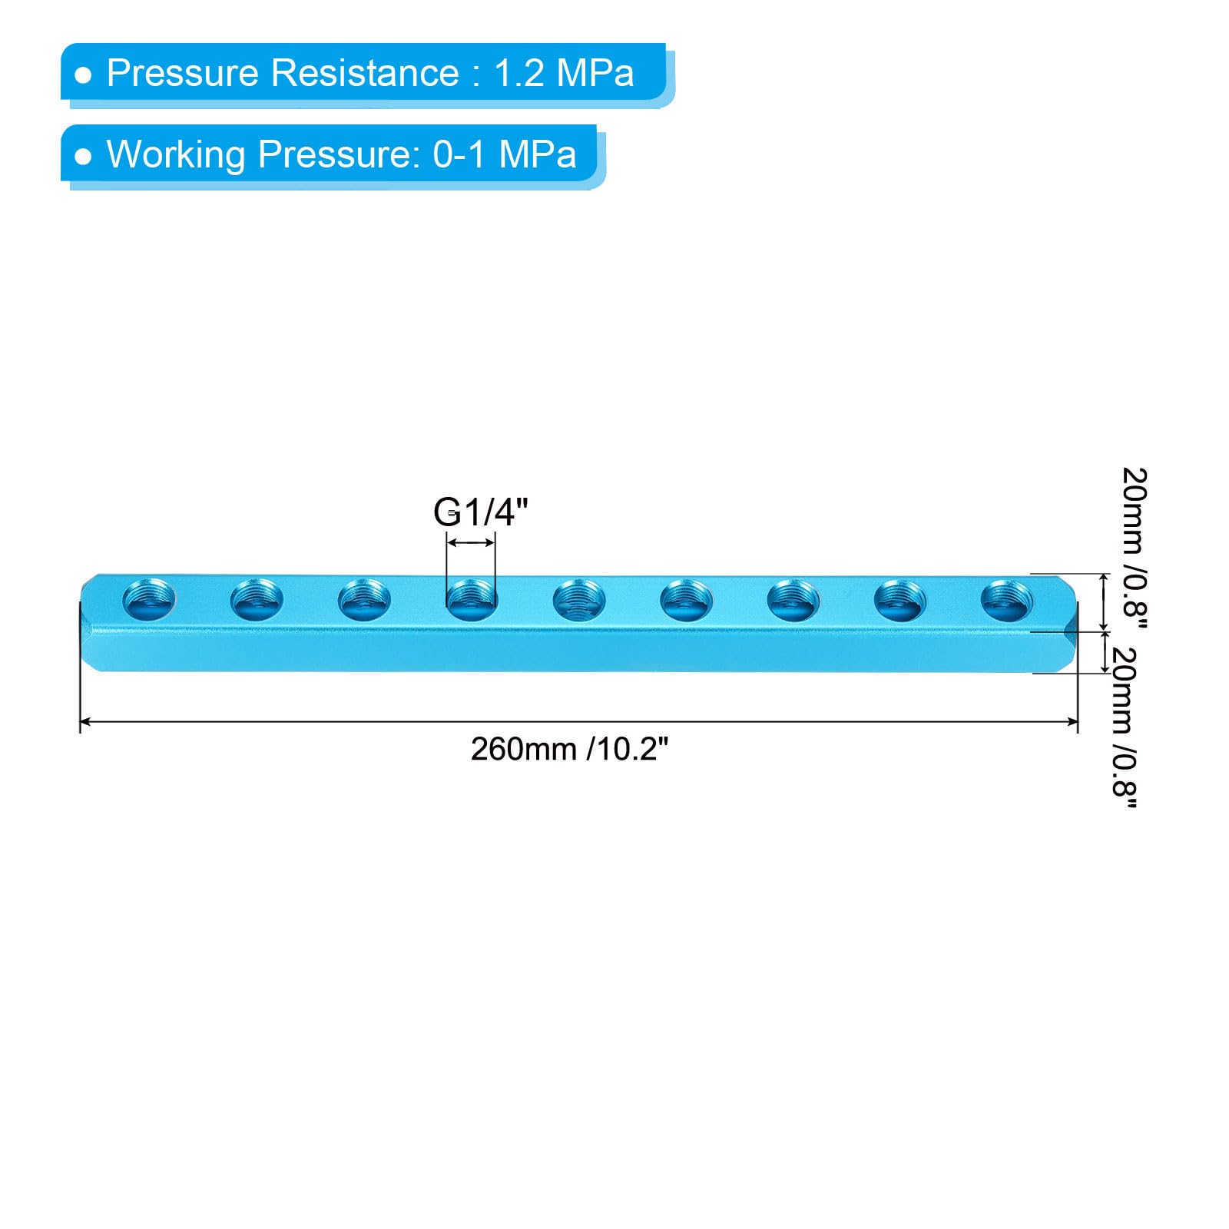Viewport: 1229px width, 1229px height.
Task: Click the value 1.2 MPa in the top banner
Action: coord(564,73)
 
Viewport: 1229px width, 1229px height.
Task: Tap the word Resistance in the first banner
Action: coord(364,73)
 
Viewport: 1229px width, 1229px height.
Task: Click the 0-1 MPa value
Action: coord(504,154)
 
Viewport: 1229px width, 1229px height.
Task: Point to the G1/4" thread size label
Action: coord(481,512)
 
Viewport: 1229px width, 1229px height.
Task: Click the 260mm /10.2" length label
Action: coord(569,749)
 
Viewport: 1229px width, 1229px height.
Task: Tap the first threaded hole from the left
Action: coord(149,600)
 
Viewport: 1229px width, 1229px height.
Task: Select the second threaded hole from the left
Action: coord(257,600)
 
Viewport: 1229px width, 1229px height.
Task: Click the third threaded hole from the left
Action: coord(364,600)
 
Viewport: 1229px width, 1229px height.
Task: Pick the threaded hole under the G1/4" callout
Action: coord(472,600)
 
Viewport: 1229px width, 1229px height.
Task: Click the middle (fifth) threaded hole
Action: coord(579,600)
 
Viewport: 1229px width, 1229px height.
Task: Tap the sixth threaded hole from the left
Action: coord(686,600)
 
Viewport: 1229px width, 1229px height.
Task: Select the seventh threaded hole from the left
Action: coord(793,600)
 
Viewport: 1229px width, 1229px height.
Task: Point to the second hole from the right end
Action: coord(900,600)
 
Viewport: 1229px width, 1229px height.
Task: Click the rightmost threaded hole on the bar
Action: coord(1007,600)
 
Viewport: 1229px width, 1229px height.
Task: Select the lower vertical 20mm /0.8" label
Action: coord(1125,728)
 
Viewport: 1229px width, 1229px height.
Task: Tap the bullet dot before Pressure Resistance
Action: coord(83,75)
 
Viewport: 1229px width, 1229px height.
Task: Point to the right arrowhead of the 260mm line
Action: coord(1072,722)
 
